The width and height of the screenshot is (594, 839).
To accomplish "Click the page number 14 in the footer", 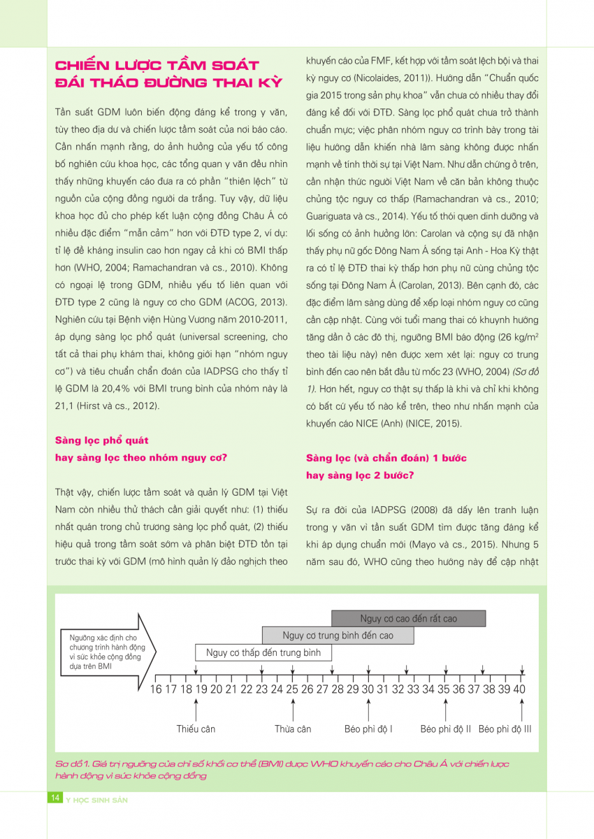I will [55, 798].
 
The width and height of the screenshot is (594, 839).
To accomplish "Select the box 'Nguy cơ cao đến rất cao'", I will [408, 619].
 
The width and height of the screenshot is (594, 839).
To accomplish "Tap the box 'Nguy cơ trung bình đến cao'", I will [338, 636].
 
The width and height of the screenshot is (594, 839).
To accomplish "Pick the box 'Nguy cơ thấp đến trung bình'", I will [263, 653].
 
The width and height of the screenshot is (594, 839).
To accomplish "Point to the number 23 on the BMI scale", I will [261, 690].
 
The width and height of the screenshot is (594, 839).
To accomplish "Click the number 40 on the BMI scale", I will [519, 690].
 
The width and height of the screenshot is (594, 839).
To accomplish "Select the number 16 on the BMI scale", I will [155, 690].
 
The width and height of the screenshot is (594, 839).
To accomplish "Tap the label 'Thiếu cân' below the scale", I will [196, 729].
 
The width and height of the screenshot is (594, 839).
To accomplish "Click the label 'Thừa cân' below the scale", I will [293, 729].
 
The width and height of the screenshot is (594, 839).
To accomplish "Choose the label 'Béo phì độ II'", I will [446, 729].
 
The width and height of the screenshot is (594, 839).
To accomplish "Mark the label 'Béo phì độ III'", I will [505, 729].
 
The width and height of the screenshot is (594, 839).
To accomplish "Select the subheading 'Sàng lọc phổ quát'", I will [102, 440].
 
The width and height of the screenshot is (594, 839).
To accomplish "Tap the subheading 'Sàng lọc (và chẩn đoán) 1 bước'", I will [386, 458].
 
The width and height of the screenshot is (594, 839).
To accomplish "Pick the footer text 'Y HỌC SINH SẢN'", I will [96, 798].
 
